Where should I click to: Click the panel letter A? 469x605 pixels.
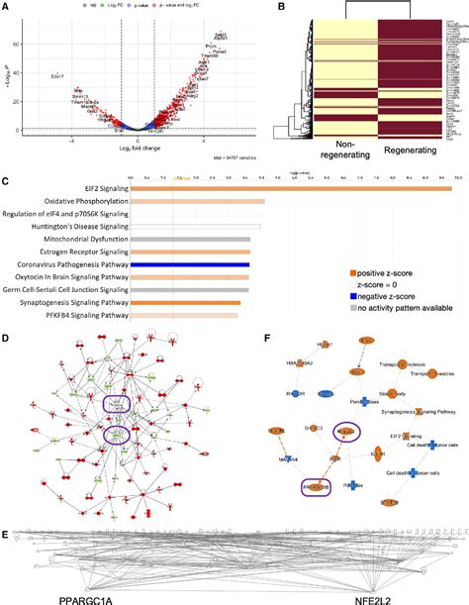click(x=6, y=7)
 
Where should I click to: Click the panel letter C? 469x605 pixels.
click(x=6, y=181)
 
